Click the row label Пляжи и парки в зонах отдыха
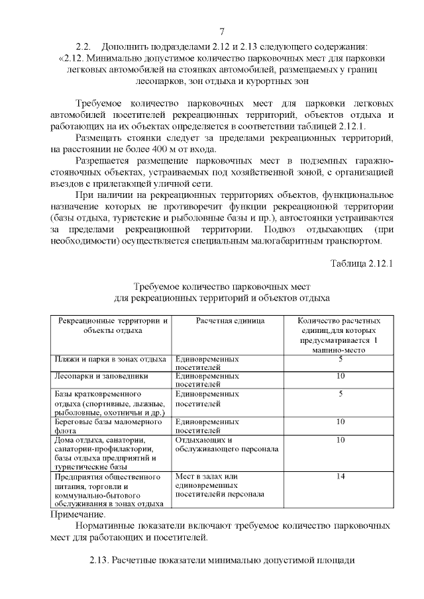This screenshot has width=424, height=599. pos(109,359)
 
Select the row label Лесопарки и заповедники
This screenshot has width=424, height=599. pos(101,376)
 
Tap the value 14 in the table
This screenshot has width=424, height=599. pos(340,476)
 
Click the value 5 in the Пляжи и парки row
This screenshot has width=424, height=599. pos(340,359)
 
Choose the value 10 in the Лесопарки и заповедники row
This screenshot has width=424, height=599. pos(340,376)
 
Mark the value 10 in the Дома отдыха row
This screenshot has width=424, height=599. pos(340,439)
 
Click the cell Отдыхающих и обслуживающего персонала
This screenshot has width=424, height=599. pos(226,445)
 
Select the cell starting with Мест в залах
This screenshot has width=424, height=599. pos(220,485)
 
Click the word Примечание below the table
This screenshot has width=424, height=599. pos(78,514)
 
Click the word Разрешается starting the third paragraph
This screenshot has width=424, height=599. pos(104,161)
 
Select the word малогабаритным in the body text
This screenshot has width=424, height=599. pos(286,241)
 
